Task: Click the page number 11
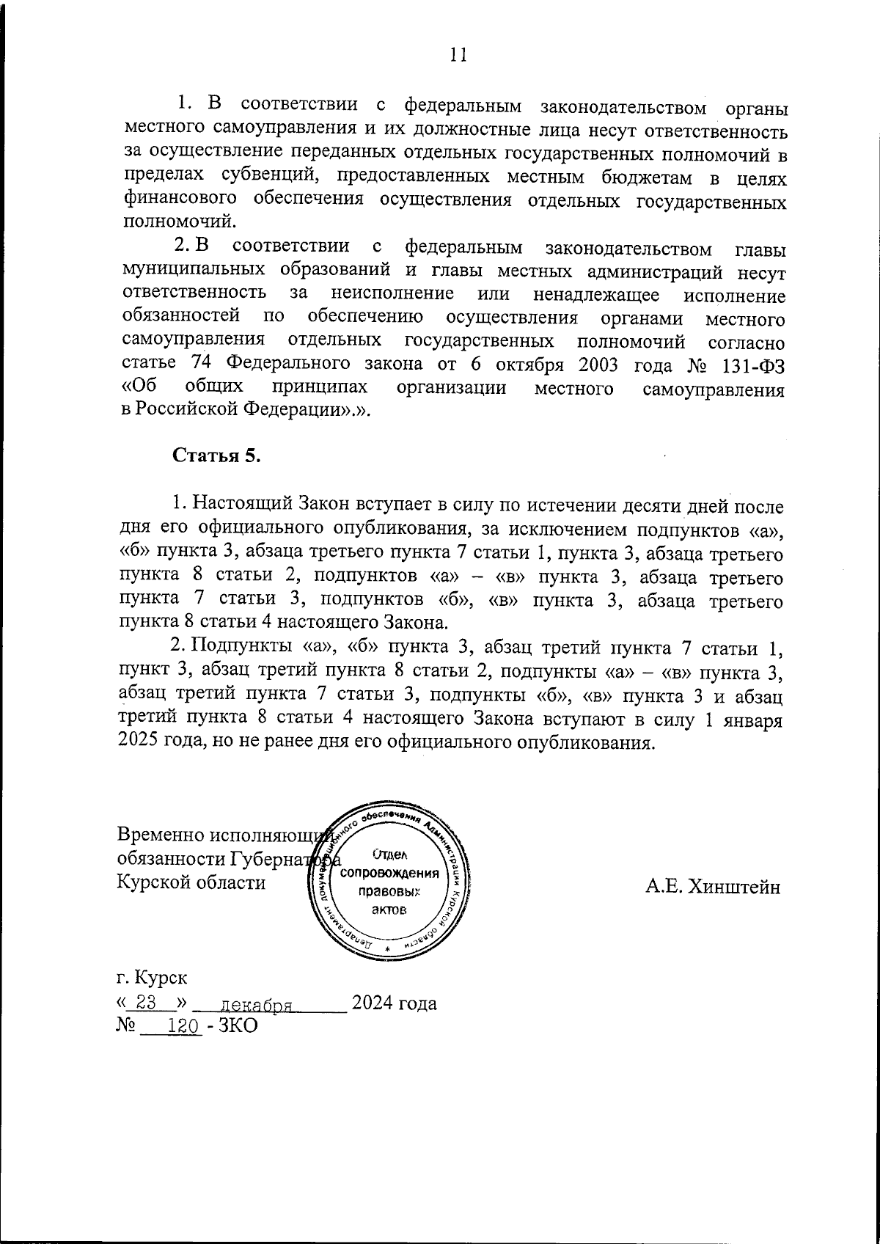click(x=458, y=56)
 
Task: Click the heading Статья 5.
click(x=217, y=455)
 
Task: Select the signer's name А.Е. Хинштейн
click(x=713, y=887)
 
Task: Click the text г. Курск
click(x=151, y=978)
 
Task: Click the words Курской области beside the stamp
click(x=191, y=882)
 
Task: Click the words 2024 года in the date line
click(x=394, y=1003)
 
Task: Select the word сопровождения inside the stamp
click(x=395, y=874)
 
